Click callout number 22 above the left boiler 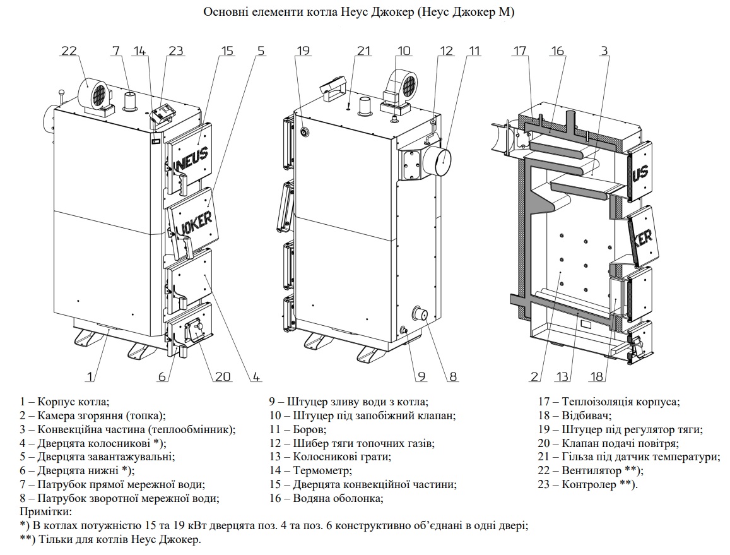(69, 51)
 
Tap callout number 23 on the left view (175, 51)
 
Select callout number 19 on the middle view (303, 51)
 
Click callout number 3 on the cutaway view (604, 51)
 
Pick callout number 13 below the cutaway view (563, 377)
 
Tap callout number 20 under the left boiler (222, 377)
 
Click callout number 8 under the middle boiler (452, 377)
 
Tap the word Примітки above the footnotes (45, 511)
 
